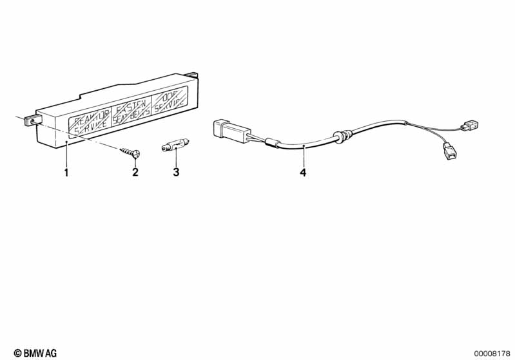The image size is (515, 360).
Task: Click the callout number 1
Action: click(66, 172)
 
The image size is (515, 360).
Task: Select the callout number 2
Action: click(135, 172)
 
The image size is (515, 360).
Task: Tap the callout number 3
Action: click(176, 172)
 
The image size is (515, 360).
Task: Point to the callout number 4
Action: click(303, 172)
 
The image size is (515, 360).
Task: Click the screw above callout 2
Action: click(130, 153)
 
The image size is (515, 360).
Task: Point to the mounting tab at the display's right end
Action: click(191, 73)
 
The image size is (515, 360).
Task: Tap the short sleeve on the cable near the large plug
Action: click(271, 143)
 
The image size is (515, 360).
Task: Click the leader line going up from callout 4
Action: click(303, 157)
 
